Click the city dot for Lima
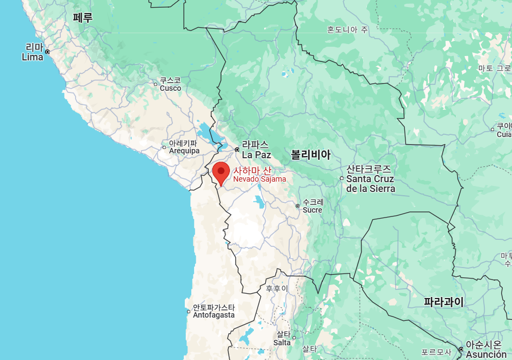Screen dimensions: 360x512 (x=47, y=52)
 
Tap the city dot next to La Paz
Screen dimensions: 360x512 (x=237, y=149)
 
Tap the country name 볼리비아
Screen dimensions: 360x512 (x=310, y=154)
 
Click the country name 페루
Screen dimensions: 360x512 (x=83, y=17)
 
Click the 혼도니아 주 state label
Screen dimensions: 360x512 (x=347, y=29)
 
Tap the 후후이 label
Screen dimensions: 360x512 (x=277, y=288)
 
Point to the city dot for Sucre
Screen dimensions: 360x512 (x=297, y=206)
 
